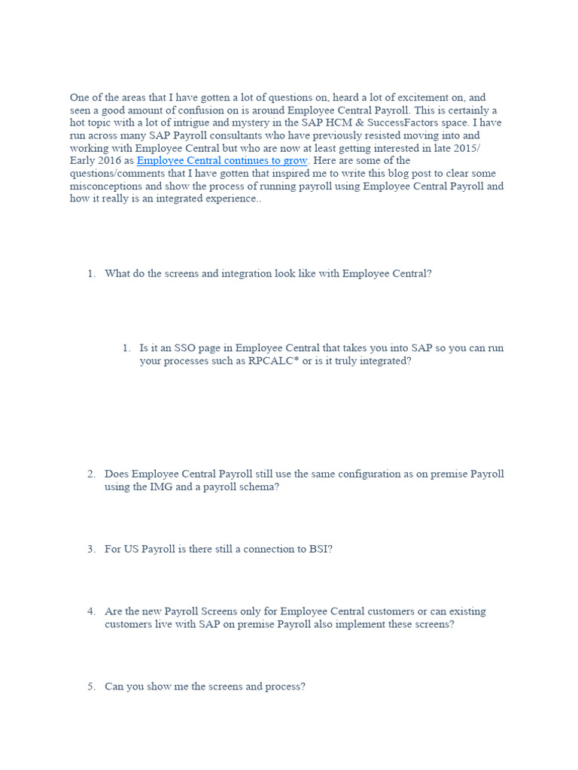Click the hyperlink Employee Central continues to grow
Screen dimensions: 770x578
222,161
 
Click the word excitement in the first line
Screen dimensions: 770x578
414,98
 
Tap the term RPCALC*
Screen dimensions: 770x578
274,361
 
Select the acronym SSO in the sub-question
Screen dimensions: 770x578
185,348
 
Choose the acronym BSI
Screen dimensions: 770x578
318,549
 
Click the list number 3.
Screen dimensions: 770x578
91,549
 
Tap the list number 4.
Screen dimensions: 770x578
91,611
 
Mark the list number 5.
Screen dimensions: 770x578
91,687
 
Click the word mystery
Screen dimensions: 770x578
236,123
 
